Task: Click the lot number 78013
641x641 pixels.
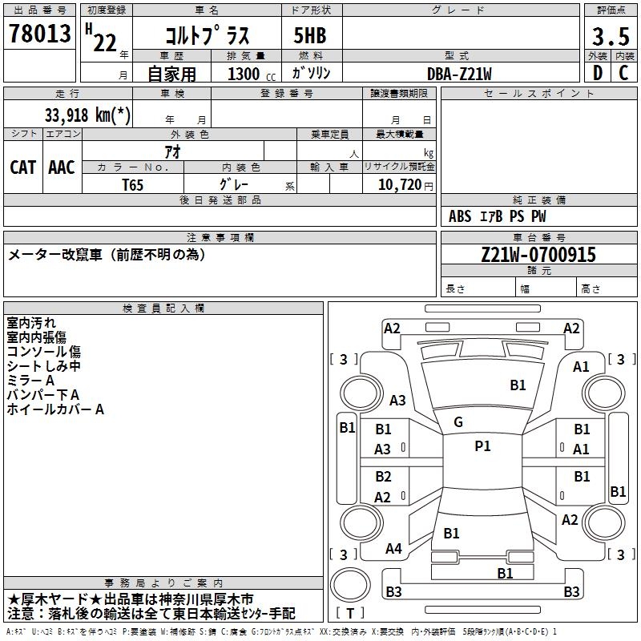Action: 38,34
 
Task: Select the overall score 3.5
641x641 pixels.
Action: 610,36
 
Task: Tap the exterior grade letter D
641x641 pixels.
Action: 597,73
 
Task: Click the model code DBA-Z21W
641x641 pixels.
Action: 459,73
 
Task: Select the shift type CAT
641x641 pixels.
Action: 22,167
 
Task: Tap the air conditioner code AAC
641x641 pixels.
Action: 61,167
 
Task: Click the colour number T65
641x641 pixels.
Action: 133,183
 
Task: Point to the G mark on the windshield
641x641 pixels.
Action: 458,422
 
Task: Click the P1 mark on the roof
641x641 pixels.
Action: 482,446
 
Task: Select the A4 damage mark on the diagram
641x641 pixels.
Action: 393,549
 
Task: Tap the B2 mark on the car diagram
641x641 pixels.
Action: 383,477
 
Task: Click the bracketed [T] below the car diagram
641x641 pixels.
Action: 350,613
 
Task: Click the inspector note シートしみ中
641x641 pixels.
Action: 43,366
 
